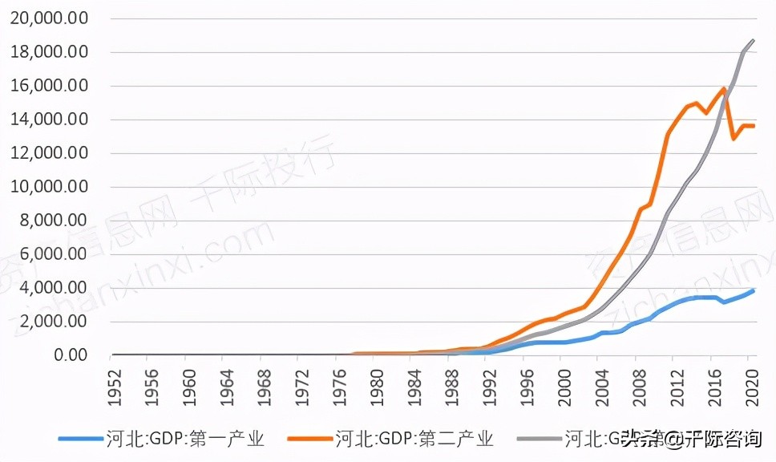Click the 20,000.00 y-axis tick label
(49, 18)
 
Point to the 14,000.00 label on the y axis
(49, 120)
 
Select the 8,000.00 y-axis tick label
(54, 221)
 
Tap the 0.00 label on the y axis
(71, 355)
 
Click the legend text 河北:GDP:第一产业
(184, 438)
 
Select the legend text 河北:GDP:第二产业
(414, 438)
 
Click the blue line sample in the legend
(79, 439)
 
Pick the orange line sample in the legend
(309, 439)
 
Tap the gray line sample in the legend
(539, 439)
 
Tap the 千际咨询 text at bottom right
(725, 438)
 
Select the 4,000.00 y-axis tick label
(54, 287)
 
